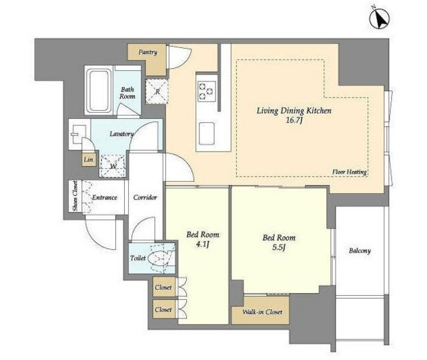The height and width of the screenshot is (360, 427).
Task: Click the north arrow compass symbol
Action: (379, 18)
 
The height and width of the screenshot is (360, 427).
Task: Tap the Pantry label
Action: (147, 52)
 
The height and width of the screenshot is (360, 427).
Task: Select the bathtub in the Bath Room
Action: (99, 92)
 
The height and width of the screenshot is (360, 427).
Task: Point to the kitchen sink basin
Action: (207, 134)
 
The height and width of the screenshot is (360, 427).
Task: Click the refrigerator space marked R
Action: (157, 92)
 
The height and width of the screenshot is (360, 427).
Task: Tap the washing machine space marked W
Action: (113, 166)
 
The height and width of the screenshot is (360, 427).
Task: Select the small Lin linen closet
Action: (89, 160)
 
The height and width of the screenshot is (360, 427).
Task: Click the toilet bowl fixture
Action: (159, 258)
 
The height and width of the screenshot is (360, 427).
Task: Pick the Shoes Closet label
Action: (75, 196)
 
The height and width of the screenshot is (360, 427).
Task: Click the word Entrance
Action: (104, 197)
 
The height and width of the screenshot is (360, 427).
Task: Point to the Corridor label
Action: (145, 197)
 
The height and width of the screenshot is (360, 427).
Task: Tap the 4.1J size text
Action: (202, 244)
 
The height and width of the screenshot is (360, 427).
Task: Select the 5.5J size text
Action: (279, 247)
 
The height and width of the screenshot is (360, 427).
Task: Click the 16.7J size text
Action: (294, 120)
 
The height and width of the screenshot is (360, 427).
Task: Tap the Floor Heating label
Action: (350, 172)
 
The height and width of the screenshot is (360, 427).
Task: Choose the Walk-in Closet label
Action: (262, 312)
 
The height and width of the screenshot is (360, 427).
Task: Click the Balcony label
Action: (360, 250)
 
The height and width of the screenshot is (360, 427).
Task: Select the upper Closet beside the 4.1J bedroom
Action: (164, 287)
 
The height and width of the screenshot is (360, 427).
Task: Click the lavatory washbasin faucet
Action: (74, 134)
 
